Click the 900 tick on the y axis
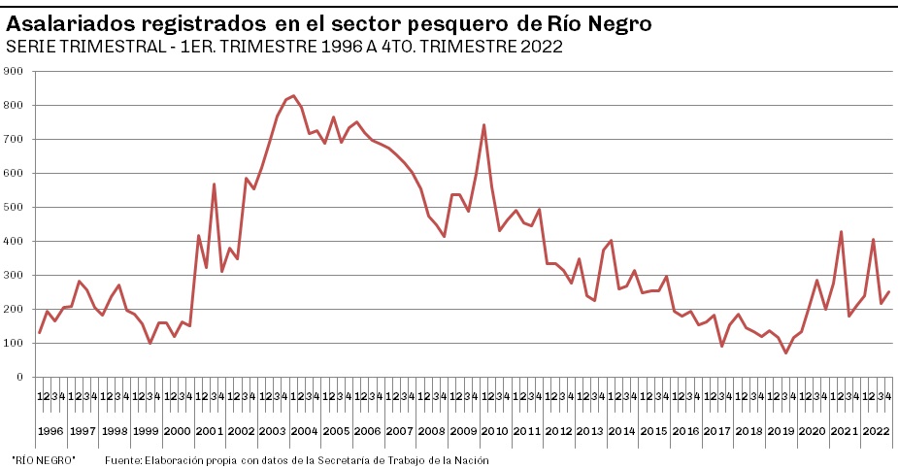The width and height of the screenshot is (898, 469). (14, 71)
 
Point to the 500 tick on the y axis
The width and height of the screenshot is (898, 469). (14, 207)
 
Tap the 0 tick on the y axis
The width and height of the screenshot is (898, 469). (19, 377)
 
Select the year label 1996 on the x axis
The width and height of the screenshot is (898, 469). (51, 430)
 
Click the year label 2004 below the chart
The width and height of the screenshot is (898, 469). (305, 430)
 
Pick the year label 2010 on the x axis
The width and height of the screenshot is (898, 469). (495, 430)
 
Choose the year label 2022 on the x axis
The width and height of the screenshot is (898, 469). (876, 430)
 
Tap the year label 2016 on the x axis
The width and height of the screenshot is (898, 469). (685, 430)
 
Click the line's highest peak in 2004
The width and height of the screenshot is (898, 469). (293, 96)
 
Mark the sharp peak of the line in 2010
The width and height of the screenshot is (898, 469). (483, 124)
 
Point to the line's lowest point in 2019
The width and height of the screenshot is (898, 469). (785, 352)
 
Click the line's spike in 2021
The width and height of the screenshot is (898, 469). (841, 231)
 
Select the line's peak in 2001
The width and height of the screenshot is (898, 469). (214, 184)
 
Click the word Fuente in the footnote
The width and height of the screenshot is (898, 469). (122, 460)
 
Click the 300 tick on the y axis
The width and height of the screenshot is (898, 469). (14, 275)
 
